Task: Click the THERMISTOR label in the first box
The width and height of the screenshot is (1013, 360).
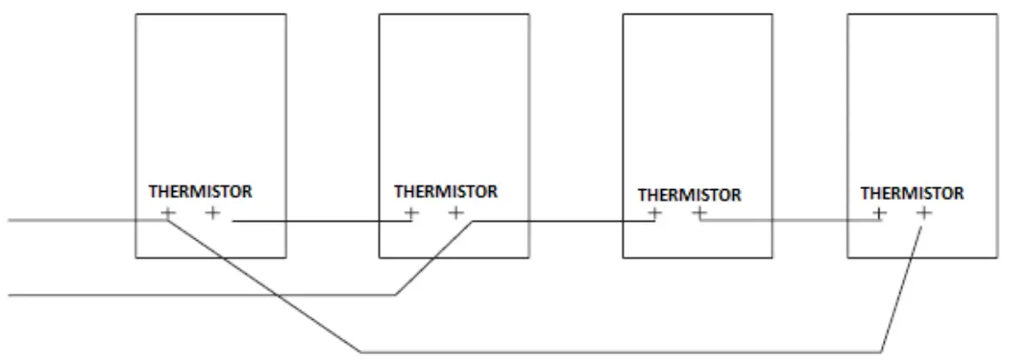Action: tap(201, 192)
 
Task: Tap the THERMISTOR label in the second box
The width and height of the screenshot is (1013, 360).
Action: tap(445, 192)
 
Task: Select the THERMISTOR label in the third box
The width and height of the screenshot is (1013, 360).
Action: tap(689, 194)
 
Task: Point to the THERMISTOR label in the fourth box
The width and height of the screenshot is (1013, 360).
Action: tap(912, 193)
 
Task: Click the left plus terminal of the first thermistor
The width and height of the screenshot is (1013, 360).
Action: tap(168, 214)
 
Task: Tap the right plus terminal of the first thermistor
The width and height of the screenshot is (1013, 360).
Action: tap(213, 214)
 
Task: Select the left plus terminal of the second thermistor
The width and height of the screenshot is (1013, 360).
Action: tap(412, 214)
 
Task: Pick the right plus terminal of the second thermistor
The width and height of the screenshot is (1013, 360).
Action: tap(456, 214)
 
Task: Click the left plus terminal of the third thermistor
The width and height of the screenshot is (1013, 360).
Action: tap(655, 215)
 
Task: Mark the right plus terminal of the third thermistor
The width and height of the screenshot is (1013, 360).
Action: tap(699, 215)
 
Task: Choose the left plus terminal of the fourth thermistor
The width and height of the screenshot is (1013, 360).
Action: tap(878, 214)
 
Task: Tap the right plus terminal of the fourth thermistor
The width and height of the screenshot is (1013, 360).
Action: tap(923, 214)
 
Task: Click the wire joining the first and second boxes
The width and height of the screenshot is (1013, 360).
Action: tap(318, 221)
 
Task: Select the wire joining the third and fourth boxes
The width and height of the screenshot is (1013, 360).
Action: tap(791, 221)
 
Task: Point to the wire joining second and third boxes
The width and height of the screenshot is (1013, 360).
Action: tap(564, 221)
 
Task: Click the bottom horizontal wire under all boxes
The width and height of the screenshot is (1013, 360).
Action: tap(618, 350)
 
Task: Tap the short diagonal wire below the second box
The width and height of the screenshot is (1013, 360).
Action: tap(435, 258)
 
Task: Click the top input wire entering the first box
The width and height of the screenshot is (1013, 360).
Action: tap(73, 219)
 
